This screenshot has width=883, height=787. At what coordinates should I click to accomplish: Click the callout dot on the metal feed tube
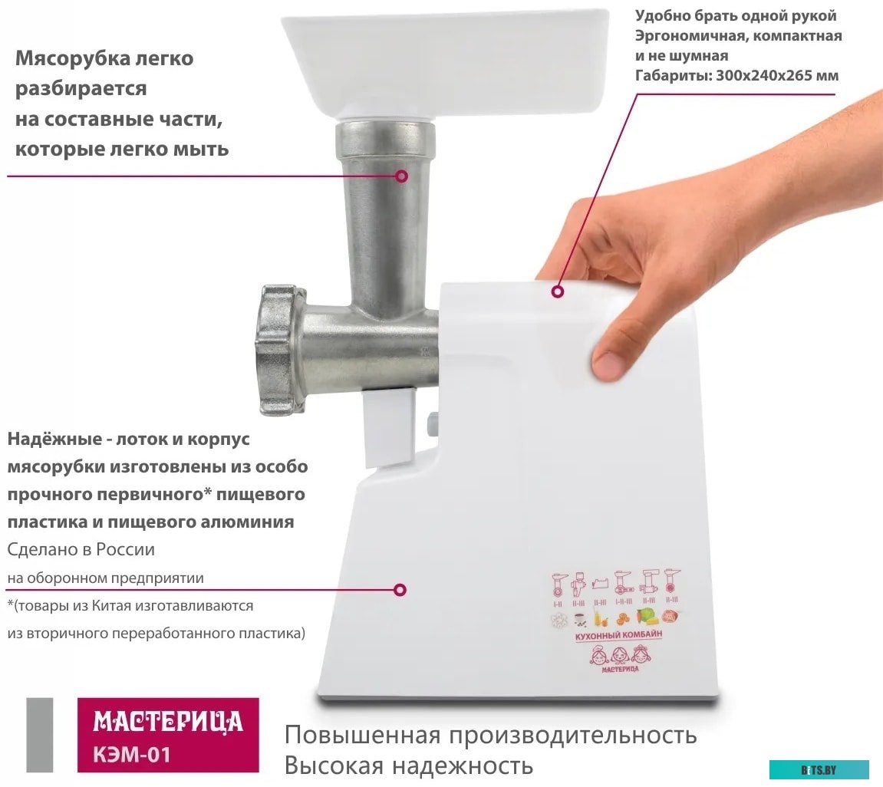401,176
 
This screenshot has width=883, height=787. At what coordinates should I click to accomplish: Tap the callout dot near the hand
558,291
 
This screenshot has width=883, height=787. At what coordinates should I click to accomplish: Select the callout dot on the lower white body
400,590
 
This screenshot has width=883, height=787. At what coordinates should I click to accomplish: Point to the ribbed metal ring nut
275,349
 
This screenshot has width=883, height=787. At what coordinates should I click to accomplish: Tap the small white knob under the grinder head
431,423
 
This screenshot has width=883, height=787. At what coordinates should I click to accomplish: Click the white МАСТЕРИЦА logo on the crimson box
168,722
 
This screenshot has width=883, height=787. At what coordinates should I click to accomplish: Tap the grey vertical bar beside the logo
40,735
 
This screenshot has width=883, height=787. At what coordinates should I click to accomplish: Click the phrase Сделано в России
81,550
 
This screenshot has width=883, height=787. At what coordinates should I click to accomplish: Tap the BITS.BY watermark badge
819,769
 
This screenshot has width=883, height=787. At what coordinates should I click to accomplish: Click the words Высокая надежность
408,765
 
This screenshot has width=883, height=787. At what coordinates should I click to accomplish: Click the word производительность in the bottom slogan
572,735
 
